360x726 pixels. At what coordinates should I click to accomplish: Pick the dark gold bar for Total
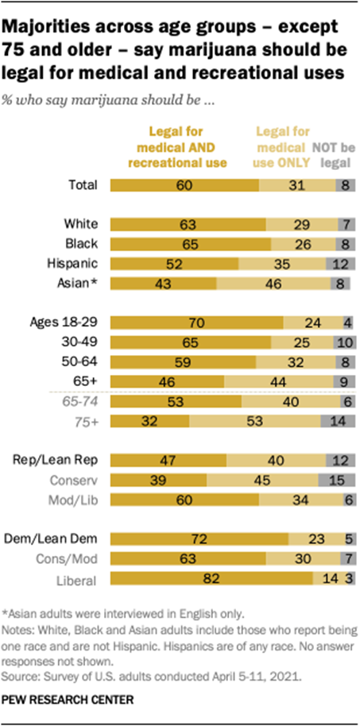click(x=184, y=185)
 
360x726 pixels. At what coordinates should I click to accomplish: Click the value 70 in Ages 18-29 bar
click(x=196, y=322)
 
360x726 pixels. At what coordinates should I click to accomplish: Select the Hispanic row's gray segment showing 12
click(x=340, y=262)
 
